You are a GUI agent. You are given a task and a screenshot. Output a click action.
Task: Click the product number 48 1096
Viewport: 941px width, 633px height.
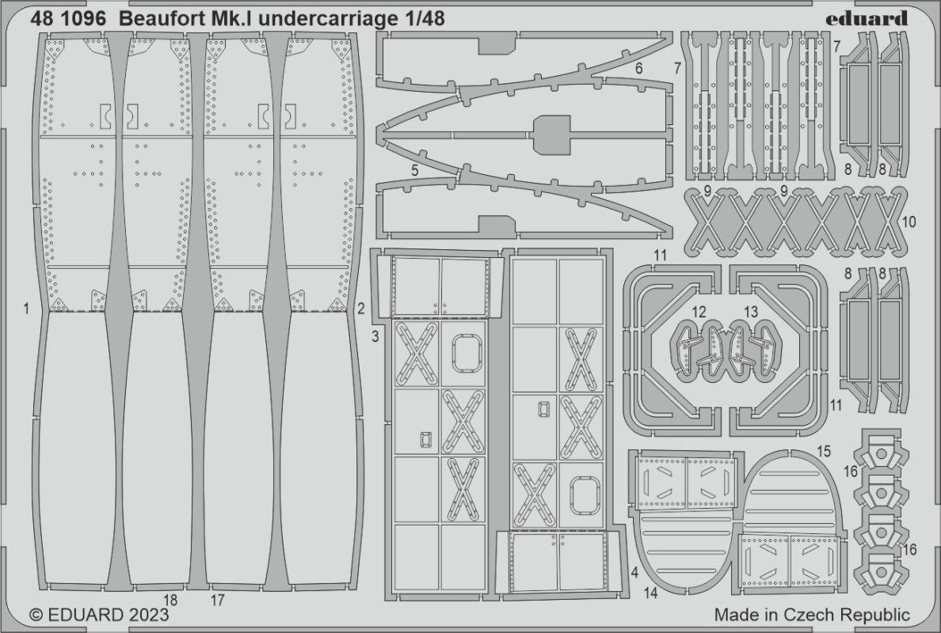[x=68, y=18]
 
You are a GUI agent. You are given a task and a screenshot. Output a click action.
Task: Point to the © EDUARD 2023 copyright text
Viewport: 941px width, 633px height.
[x=99, y=615]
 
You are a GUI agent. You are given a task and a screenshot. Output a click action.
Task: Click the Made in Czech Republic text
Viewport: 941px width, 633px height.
[x=812, y=615]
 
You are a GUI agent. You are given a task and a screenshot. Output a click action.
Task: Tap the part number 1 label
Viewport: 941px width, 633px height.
[x=26, y=309]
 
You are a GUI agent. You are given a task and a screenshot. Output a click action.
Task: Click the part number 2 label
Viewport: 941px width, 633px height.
[x=360, y=309]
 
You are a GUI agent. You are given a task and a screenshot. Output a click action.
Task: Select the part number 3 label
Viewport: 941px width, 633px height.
[x=375, y=337]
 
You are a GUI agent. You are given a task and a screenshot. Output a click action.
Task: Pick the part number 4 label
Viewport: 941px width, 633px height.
[x=634, y=572]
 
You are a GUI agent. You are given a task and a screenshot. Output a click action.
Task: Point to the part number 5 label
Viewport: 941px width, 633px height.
[x=415, y=171]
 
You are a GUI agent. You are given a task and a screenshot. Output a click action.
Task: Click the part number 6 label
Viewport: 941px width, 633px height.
[x=638, y=68]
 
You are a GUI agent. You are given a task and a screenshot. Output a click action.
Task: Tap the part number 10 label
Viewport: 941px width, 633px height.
[x=909, y=222]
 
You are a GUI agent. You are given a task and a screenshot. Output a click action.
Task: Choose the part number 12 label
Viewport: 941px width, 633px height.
[x=699, y=312]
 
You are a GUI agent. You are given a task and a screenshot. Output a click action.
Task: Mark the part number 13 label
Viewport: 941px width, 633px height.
[x=751, y=312]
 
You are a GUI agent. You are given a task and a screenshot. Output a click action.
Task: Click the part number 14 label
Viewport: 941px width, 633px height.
[x=650, y=593]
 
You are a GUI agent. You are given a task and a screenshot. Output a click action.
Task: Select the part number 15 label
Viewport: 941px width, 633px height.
[x=824, y=451]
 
